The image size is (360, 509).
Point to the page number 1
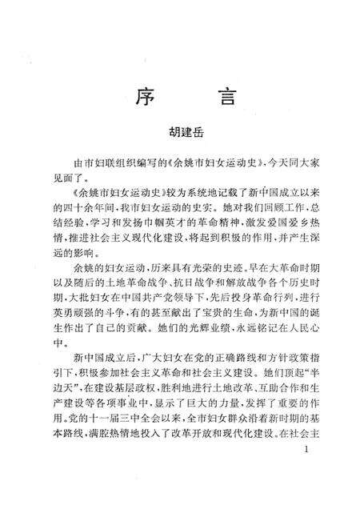click(x=307, y=475)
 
